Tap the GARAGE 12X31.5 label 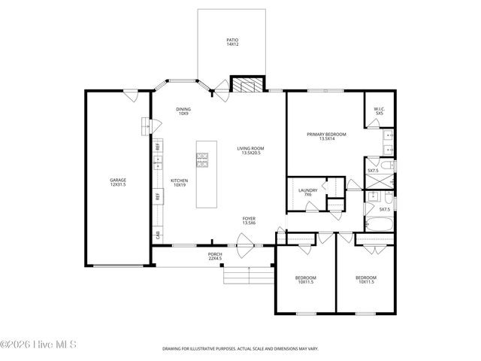click(x=118, y=183)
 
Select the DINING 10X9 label click(x=183, y=112)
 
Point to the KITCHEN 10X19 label click(x=179, y=182)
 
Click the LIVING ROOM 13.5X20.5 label click(x=252, y=150)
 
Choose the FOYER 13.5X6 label click(x=249, y=220)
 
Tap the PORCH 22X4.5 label click(x=215, y=256)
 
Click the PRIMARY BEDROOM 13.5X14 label click(x=326, y=136)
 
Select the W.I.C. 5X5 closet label click(x=379, y=112)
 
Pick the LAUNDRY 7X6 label click(x=307, y=193)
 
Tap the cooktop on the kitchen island click(x=202, y=158)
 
